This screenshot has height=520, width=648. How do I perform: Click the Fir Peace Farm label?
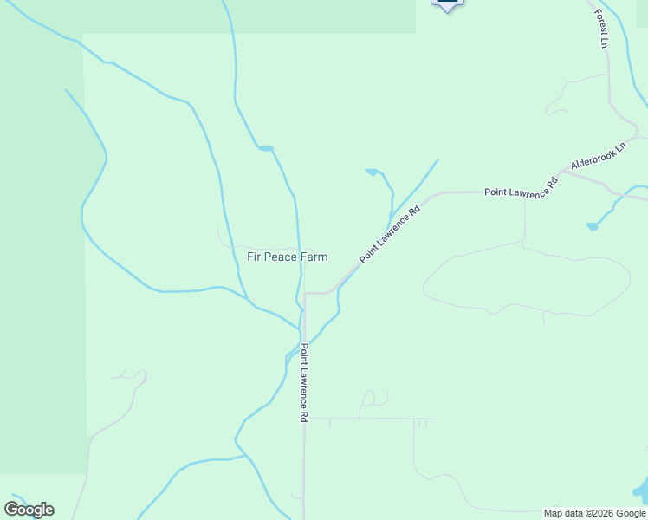point(288,257)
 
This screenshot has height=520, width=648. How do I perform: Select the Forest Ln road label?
point(599,29)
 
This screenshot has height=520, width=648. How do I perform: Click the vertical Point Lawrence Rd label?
point(304,382)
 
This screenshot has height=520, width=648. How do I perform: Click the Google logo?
point(29,510)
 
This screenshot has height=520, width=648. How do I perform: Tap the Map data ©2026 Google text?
point(594,513)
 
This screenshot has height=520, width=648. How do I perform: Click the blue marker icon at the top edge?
point(447,4)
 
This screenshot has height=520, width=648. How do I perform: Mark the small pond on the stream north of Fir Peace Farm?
point(265,148)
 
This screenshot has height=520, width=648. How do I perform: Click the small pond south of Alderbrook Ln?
point(592,226)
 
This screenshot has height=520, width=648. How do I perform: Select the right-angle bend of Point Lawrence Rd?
point(305,294)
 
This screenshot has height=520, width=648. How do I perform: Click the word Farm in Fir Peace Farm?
point(314,257)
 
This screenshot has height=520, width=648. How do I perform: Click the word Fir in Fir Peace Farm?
point(254,257)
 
